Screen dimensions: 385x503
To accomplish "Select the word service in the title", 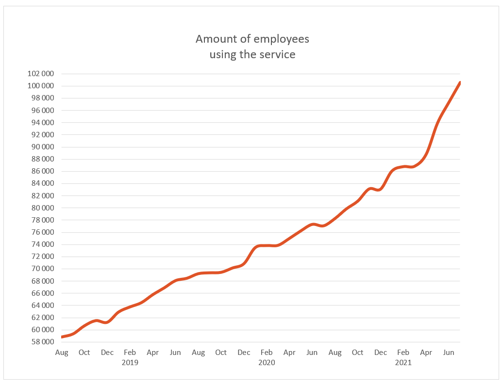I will click(279, 54).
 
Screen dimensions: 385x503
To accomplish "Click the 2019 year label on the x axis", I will click(130, 362).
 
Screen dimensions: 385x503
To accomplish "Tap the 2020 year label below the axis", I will click(267, 362).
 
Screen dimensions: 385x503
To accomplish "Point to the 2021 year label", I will click(403, 362).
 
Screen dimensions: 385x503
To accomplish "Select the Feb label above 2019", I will click(130, 353).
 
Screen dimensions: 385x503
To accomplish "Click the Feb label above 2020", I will click(267, 353).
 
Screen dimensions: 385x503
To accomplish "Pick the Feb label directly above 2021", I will click(403, 353).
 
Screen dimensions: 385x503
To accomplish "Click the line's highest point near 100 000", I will click(459, 83).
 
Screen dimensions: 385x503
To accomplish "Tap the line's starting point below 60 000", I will click(62, 337).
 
